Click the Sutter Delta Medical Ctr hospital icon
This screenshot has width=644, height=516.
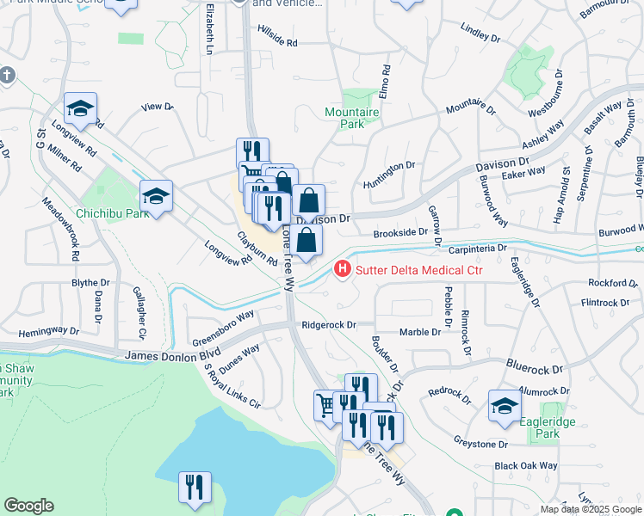(344, 271)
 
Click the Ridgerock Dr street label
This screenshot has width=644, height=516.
(329, 325)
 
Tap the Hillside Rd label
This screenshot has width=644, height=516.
(277, 41)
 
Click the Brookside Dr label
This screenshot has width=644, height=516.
(400, 232)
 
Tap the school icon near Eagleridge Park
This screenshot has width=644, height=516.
(505, 407)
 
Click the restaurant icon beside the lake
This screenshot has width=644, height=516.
(195, 488)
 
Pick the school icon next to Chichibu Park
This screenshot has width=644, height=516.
(156, 197)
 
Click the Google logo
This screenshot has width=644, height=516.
(28, 506)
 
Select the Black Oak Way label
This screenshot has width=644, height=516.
(526, 466)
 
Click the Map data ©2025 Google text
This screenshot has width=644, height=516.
(591, 509)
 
